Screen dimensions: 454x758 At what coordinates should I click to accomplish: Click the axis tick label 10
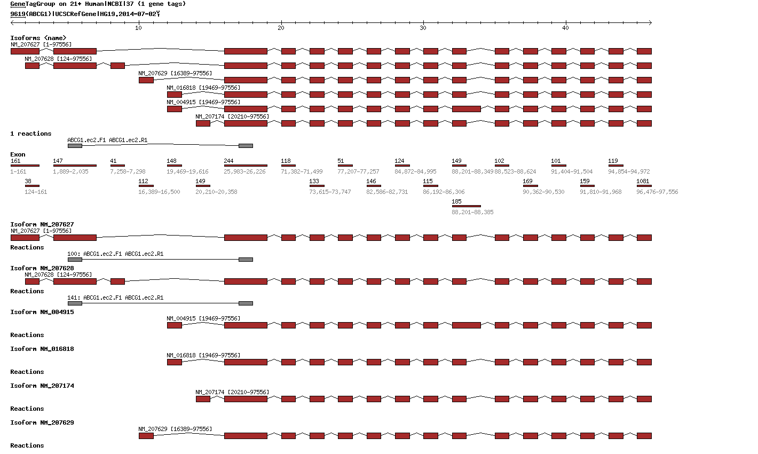tap(138, 28)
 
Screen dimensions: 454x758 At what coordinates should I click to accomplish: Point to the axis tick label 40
tap(565, 28)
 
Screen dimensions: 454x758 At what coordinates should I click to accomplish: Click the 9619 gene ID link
tap(18, 14)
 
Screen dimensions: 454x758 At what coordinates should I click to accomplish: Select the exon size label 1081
tap(643, 182)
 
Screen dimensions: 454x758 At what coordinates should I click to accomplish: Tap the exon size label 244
tap(229, 161)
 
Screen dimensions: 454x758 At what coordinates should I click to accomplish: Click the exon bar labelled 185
tap(466, 206)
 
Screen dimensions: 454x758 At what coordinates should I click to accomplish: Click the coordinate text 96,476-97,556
tap(657, 192)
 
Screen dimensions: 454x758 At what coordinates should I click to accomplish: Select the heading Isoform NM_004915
tap(42, 312)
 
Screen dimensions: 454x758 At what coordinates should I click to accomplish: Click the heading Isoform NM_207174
tap(42, 386)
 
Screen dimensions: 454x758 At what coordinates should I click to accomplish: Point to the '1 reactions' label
tap(31, 134)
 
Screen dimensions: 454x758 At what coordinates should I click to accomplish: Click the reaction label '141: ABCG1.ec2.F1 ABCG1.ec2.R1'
tap(115, 298)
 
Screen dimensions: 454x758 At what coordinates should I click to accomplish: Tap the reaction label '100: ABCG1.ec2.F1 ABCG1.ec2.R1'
tap(115, 254)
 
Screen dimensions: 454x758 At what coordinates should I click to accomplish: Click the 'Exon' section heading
tap(18, 155)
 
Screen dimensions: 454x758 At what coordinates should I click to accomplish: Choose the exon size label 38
tap(28, 182)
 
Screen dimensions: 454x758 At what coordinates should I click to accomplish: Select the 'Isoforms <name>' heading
tap(38, 38)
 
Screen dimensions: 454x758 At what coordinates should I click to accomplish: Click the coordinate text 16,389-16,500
tap(159, 192)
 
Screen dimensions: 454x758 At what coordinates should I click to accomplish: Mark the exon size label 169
tap(527, 182)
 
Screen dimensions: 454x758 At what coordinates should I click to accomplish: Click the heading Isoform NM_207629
tap(42, 423)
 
